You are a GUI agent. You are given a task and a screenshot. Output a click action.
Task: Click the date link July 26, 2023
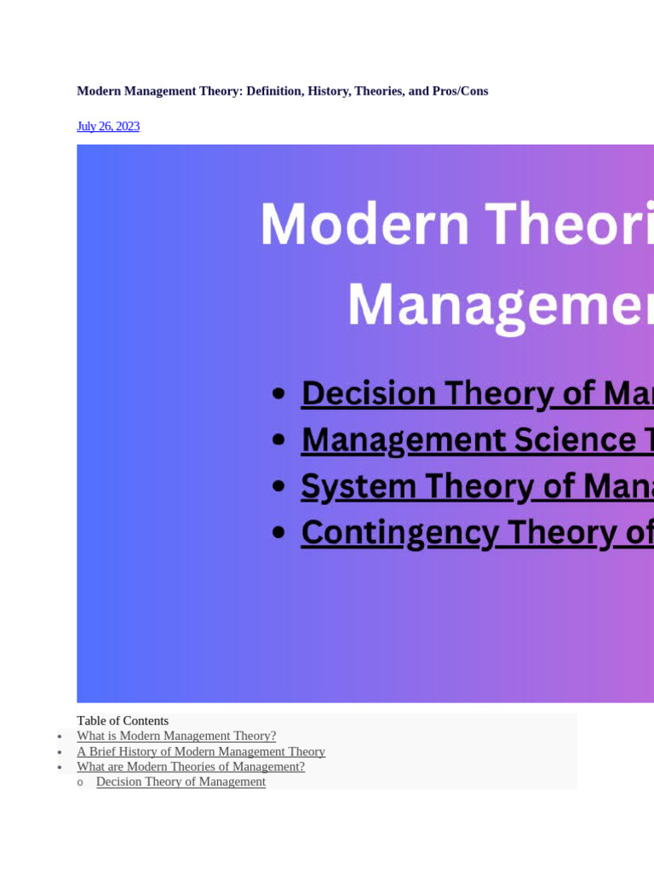click(108, 126)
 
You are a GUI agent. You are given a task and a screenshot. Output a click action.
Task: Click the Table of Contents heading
click(123, 720)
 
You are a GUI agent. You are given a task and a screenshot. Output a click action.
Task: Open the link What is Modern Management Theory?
click(176, 736)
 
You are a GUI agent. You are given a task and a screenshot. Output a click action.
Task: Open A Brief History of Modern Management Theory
click(201, 751)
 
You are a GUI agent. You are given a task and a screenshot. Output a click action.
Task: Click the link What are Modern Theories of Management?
click(191, 766)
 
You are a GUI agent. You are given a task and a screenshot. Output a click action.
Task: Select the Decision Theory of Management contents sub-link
click(181, 782)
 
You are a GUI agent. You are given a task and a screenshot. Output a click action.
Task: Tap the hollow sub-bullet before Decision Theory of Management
click(80, 783)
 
